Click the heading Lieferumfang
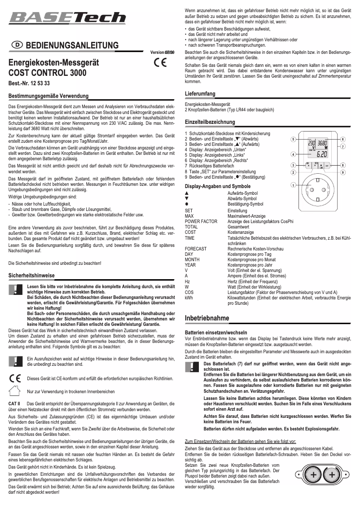[x=200, y=93]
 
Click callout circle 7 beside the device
[x=343, y=147]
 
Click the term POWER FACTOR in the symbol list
[x=201, y=222]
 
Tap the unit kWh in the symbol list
[x=189, y=298]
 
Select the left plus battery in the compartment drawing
[x=312, y=474]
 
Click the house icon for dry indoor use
[x=15, y=391]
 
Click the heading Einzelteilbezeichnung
[x=210, y=122]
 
